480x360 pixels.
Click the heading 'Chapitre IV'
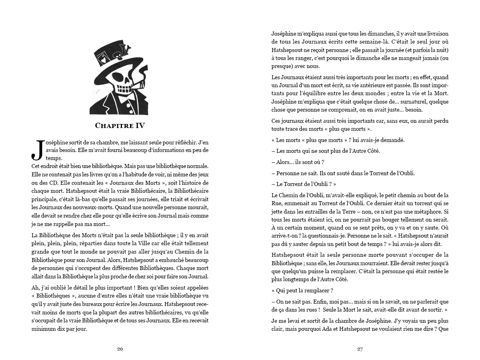pos(120,126)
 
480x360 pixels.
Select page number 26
pos(120,349)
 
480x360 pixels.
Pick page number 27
pos(360,349)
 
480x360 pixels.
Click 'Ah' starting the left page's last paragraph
pos(35,288)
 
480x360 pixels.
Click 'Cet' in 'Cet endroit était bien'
pos(36,165)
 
